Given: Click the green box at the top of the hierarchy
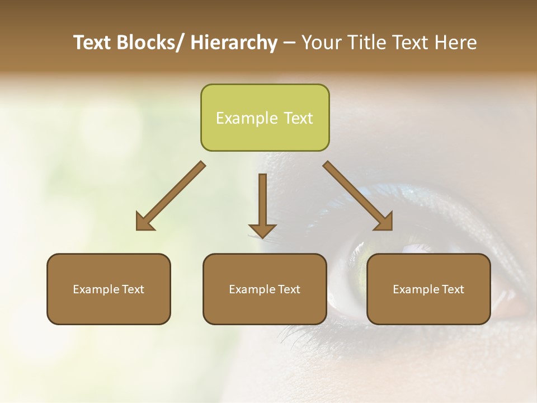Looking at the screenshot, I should click(265, 118).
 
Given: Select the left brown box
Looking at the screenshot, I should click(109, 289).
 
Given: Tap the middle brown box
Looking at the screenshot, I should click(265, 289).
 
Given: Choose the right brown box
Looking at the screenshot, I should click(428, 289).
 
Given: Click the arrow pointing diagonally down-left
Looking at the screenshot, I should click(171, 196).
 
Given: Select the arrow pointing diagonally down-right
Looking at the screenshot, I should click(358, 196).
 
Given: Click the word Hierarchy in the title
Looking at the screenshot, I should click(234, 43).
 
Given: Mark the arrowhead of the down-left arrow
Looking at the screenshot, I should click(144, 222).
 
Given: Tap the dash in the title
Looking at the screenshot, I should click(289, 43).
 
